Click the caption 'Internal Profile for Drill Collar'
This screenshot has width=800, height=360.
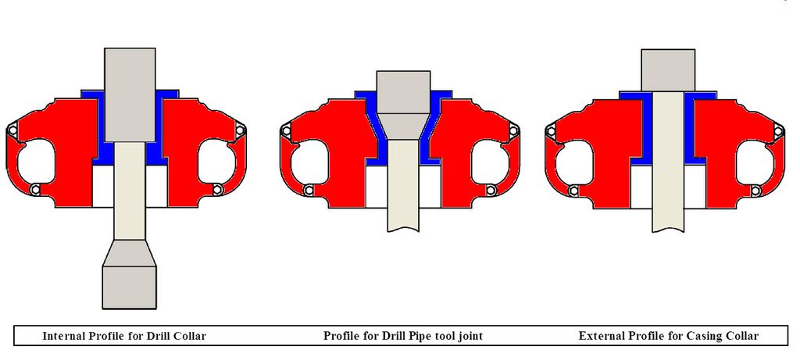124,336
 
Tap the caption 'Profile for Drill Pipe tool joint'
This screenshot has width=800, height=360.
402,336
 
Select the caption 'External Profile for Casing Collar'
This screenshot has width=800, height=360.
669,336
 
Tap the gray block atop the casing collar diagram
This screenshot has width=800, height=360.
668,70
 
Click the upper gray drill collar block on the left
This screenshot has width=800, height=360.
130,94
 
